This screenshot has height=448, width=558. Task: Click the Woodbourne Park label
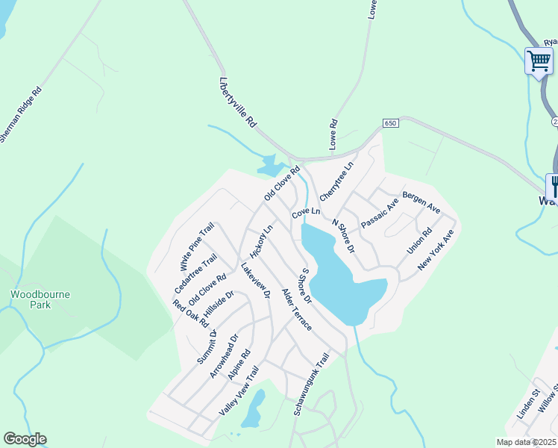(40, 299)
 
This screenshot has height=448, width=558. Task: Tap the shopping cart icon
(538, 60)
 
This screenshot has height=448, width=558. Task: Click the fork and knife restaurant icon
(554, 184)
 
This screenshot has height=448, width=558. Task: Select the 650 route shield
(392, 122)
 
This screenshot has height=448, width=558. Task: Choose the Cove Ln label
(306, 213)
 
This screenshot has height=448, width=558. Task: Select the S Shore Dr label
(306, 284)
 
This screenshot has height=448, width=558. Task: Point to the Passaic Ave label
(380, 214)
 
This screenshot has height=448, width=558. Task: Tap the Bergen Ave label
(421, 199)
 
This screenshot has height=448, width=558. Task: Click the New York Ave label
(436, 250)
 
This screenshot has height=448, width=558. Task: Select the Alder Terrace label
(296, 310)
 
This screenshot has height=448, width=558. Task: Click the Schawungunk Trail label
(311, 385)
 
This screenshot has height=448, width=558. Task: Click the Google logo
(25, 439)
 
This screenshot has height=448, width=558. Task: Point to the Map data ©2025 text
(527, 442)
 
